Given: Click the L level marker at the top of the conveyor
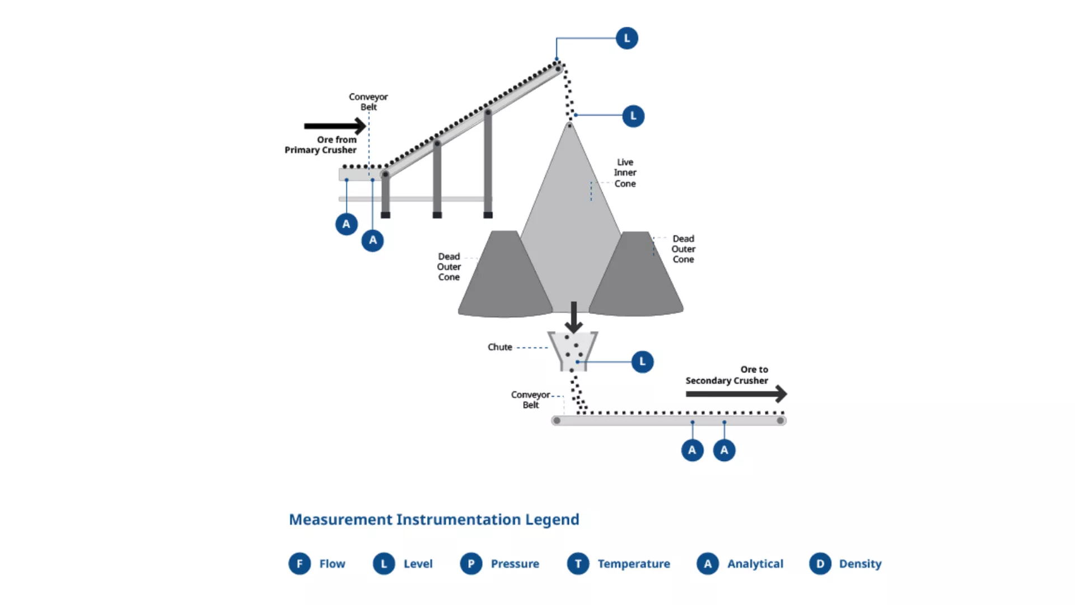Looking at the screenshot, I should pyautogui.click(x=627, y=38).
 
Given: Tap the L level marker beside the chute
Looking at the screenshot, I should pyautogui.click(x=642, y=362).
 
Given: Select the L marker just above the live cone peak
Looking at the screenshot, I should pyautogui.click(x=633, y=116).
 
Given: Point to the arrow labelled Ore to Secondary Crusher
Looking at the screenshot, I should pyautogui.click(x=736, y=394).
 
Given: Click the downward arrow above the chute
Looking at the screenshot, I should pyautogui.click(x=573, y=317).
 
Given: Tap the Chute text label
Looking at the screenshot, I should pyautogui.click(x=499, y=347).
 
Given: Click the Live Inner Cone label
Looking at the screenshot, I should pyautogui.click(x=625, y=173).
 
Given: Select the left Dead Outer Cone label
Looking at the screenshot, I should pyautogui.click(x=449, y=267).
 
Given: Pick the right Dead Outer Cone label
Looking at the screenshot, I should pyautogui.click(x=683, y=249).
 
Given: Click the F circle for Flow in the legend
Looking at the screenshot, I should pyautogui.click(x=300, y=564).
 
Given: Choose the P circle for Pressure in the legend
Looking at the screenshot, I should pyautogui.click(x=471, y=564).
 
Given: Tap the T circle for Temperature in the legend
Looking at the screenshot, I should pyautogui.click(x=578, y=564).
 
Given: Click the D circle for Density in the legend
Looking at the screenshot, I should pyautogui.click(x=820, y=564).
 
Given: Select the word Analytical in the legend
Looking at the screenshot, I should pyautogui.click(x=755, y=564).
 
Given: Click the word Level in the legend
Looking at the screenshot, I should pyautogui.click(x=418, y=564).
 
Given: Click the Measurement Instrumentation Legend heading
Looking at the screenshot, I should pyautogui.click(x=434, y=519).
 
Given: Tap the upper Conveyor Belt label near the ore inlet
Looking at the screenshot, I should pyautogui.click(x=368, y=101).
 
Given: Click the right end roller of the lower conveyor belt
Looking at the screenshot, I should pyautogui.click(x=780, y=421).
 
